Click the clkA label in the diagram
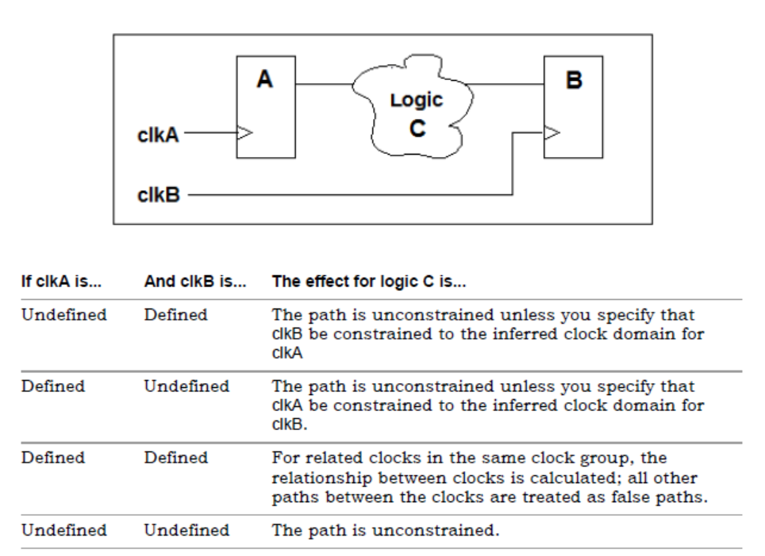click(x=158, y=136)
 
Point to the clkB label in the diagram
click(x=158, y=196)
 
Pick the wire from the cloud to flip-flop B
click(x=508, y=83)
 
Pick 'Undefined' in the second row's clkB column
click(x=186, y=387)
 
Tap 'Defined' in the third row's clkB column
click(x=175, y=458)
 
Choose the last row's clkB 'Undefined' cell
click(x=186, y=529)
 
